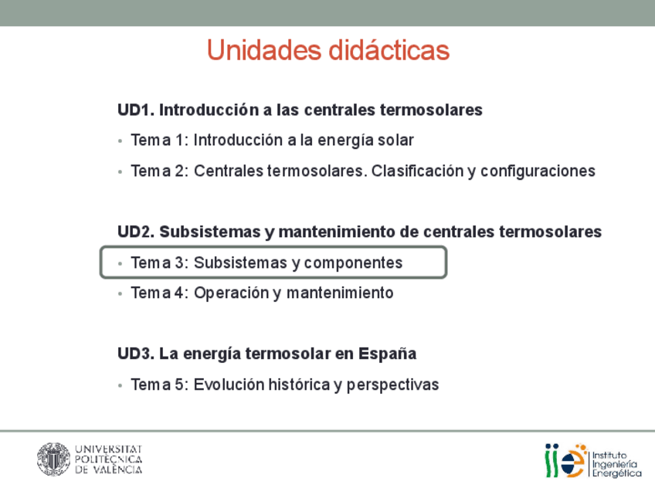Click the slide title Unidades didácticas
[x=328, y=50]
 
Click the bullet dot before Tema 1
[x=120, y=141]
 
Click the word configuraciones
[x=538, y=171]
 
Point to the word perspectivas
[x=392, y=385]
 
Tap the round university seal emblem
[x=53, y=459]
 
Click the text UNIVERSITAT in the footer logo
[x=109, y=449]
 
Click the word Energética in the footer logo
[x=617, y=473]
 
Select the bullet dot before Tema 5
[x=120, y=386]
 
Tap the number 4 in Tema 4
[x=179, y=293]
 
